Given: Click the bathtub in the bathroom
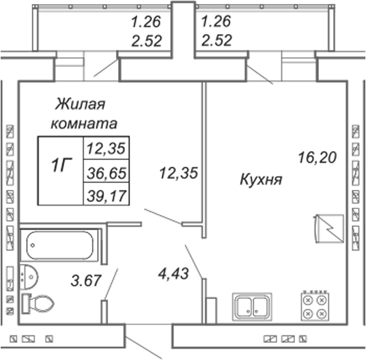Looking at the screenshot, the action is (59, 245).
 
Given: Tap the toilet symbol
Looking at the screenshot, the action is (38, 303).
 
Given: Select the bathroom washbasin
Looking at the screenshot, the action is (29, 277).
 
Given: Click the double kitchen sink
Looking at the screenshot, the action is (252, 306).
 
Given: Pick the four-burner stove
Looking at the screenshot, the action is (315, 306).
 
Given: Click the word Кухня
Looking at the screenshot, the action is (261, 180).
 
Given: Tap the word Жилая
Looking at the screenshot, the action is (81, 104).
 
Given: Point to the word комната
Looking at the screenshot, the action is (84, 124).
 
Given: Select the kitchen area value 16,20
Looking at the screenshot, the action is (318, 157).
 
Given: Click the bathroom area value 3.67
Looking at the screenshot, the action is (86, 280).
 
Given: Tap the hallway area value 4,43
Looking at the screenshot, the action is (173, 273).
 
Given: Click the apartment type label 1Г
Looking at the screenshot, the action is (61, 165).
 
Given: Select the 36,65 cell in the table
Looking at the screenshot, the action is (107, 173).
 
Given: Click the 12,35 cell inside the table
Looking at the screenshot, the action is (107, 148).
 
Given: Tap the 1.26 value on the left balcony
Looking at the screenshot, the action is (146, 21).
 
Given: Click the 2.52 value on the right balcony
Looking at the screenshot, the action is (217, 40).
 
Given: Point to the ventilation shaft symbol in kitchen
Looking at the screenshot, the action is (329, 229).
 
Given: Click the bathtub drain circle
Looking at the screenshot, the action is (33, 245).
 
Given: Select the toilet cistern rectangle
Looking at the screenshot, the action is (26, 303).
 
